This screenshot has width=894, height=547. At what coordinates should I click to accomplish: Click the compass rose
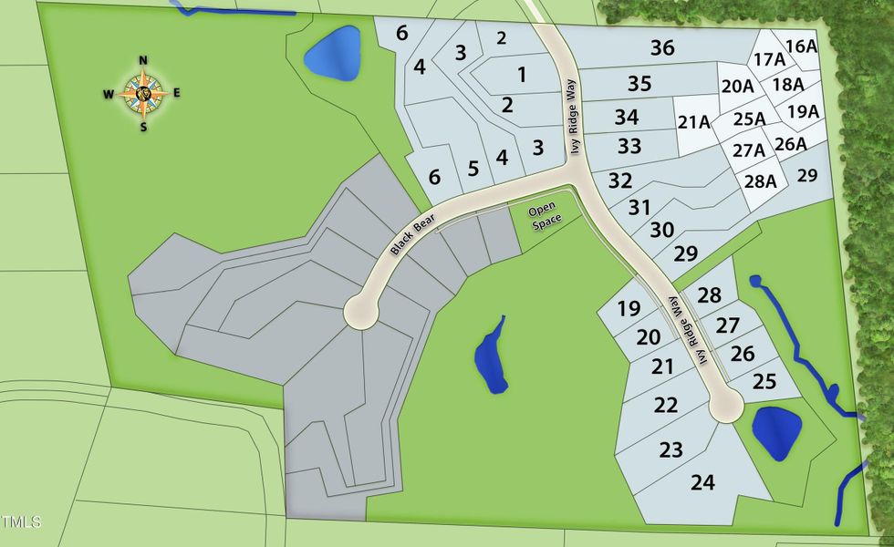pos(143,92)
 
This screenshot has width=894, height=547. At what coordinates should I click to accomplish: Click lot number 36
pos(663,47)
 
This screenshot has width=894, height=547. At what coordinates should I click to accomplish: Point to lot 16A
pos(800,46)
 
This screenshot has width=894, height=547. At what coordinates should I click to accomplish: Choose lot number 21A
pos(693,122)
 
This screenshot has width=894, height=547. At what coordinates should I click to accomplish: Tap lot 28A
pos(759,181)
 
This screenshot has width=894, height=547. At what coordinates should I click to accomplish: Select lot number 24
pos(702,482)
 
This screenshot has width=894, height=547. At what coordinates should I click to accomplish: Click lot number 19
pos(629,308)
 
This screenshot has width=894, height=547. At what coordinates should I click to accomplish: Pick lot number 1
pos(522,75)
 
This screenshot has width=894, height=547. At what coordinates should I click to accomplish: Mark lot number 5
pos(473,168)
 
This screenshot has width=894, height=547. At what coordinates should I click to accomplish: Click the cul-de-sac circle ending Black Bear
pos(362,313)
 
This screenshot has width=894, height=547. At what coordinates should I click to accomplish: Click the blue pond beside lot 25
pos(776,431)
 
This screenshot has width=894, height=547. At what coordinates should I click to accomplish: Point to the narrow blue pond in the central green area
pos(491,356)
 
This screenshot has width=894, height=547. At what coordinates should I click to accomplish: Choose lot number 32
pos(619,180)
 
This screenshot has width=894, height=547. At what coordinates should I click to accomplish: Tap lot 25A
pos(749,119)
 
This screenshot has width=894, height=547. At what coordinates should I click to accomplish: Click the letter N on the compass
pos(143,61)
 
